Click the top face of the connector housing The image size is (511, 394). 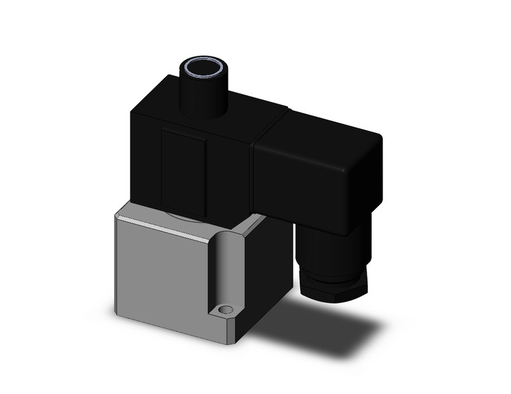click(323, 131)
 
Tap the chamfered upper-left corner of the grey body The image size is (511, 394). click(119, 214)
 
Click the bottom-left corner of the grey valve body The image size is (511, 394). click(118, 312)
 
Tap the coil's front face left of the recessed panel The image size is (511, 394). click(145, 161)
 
